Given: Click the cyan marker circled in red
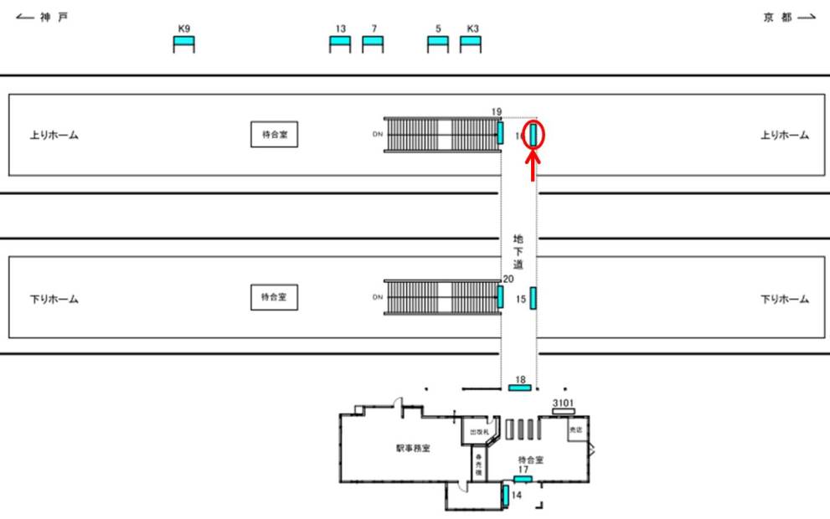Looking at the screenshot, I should tap(534, 134).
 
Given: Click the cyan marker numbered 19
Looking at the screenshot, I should tap(501, 132).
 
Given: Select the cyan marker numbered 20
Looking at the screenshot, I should tap(501, 296).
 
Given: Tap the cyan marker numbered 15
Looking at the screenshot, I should tap(534, 298).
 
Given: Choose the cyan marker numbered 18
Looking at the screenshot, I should tap(520, 388).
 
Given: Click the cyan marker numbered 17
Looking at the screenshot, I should tap(523, 478).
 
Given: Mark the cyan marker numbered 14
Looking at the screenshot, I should tap(506, 495).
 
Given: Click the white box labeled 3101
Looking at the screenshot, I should tap(563, 411).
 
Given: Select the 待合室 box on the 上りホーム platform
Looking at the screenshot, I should tap(275, 134).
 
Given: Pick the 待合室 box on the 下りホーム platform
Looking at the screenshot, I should tap(275, 297).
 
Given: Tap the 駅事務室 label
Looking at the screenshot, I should tap(413, 448).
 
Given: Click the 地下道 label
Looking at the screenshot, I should tap(518, 252).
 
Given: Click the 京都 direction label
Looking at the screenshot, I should tap(777, 18).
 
